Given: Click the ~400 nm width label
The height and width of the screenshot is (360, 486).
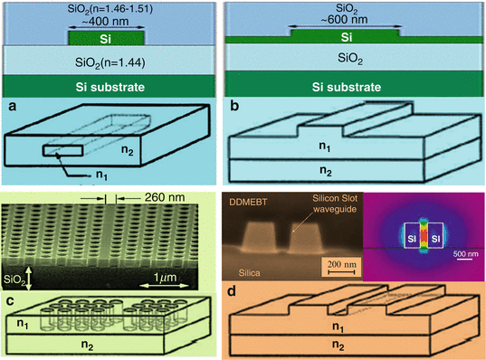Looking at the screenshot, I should tap(107, 20).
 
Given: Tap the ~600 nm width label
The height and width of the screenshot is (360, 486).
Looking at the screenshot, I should tap(343, 21).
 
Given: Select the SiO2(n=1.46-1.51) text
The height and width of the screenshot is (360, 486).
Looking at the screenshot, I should tap(107, 7).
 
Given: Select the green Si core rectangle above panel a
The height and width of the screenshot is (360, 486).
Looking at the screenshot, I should tap(107, 40).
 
